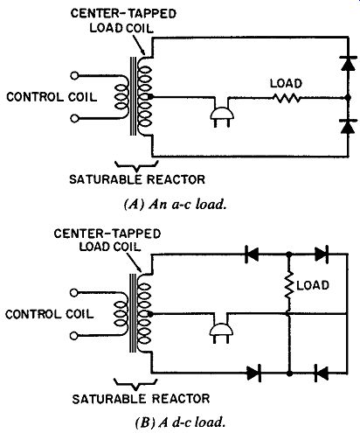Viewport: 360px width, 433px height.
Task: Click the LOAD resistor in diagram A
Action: click(x=287, y=98)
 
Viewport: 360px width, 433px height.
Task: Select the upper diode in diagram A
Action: click(x=348, y=64)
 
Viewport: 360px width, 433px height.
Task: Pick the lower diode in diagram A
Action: click(x=348, y=126)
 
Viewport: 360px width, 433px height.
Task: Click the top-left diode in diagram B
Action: click(x=252, y=255)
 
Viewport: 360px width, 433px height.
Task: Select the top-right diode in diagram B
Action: click(x=322, y=255)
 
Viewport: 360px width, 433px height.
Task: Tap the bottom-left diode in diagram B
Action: click(x=253, y=373)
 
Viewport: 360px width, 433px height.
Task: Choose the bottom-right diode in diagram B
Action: click(x=322, y=373)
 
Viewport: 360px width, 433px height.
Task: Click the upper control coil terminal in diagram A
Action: click(x=74, y=76)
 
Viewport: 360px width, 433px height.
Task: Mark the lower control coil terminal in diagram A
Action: click(x=74, y=119)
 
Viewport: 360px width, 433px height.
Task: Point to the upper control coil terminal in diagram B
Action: click(x=74, y=292)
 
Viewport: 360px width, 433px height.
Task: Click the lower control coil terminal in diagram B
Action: click(x=74, y=336)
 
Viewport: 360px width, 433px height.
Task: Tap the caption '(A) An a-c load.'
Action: click(x=176, y=204)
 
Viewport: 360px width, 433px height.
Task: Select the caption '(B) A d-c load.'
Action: click(x=180, y=422)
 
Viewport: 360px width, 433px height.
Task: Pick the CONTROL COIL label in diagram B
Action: click(x=50, y=314)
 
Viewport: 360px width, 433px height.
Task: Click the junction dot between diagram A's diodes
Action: click(x=348, y=98)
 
